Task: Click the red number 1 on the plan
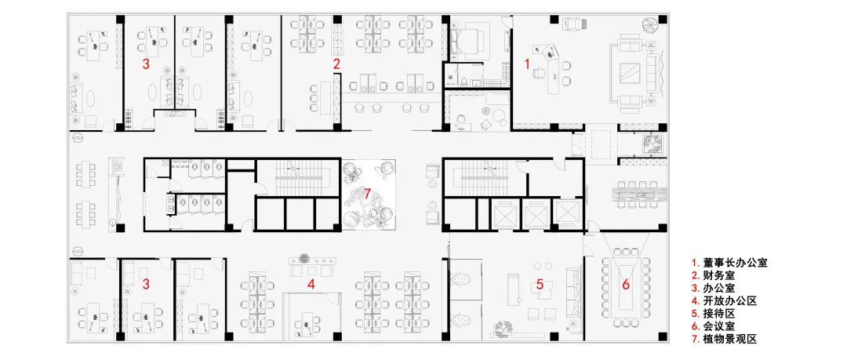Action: pos(528,64)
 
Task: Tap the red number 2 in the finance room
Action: pos(336,64)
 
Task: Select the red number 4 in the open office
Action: pos(311,283)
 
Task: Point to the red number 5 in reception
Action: pos(540,283)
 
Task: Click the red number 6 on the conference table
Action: pos(626,284)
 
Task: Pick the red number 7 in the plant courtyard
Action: pos(367,194)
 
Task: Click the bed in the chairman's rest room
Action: pos(467,39)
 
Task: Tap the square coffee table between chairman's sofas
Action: pos(630,73)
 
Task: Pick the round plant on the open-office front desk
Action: pos(304,257)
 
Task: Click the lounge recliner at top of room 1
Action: pos(573,24)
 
